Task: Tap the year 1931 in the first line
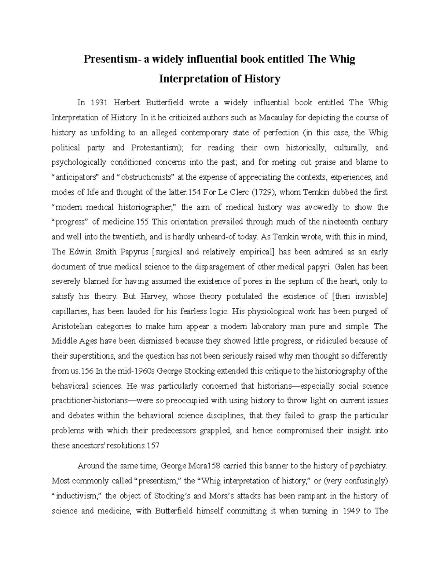tap(100, 103)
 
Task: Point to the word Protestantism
tap(153, 148)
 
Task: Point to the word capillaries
tap(70, 312)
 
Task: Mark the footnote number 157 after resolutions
tap(153, 446)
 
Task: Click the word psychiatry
tap(368, 466)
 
